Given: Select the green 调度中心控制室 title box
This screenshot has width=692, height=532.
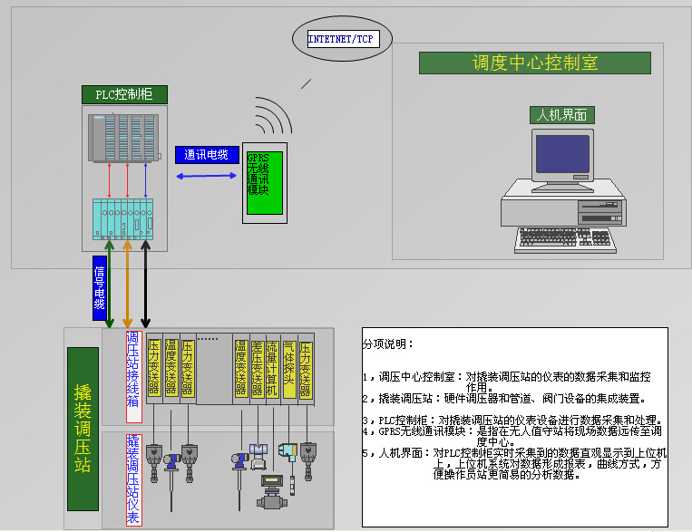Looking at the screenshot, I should (x=534, y=63).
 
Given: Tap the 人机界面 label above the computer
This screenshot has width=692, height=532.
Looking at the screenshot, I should (x=561, y=115).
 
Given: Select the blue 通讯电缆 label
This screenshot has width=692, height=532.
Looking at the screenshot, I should (x=206, y=155).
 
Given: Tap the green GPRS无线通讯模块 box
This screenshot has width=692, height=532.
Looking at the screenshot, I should (x=264, y=182).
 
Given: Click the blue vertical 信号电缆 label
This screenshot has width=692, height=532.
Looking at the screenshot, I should (x=100, y=287).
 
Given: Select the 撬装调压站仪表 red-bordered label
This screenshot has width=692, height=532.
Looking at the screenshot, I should (x=133, y=479).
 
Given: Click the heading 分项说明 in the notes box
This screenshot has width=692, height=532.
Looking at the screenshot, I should (x=388, y=344).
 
